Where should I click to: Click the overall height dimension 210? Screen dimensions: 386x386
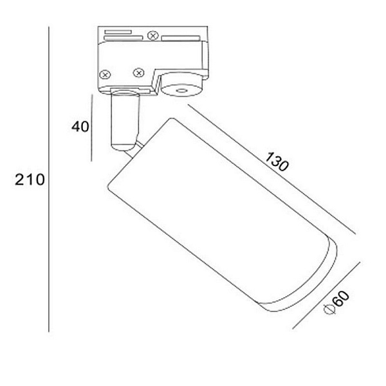click(30, 179)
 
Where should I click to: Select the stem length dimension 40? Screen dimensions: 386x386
click(80, 127)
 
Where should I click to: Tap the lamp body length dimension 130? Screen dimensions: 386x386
click(277, 161)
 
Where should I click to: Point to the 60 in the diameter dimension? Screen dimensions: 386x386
click(342, 299)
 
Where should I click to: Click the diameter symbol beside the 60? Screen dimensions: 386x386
click(329, 309)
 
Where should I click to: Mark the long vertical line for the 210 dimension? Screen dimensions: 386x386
click(49, 179)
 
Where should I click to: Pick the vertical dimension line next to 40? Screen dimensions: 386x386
click(91, 128)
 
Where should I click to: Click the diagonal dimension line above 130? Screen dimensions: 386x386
click(271, 169)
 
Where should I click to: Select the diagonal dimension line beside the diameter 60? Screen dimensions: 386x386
click(326, 295)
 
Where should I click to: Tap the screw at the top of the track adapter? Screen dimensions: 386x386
click(153, 35)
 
